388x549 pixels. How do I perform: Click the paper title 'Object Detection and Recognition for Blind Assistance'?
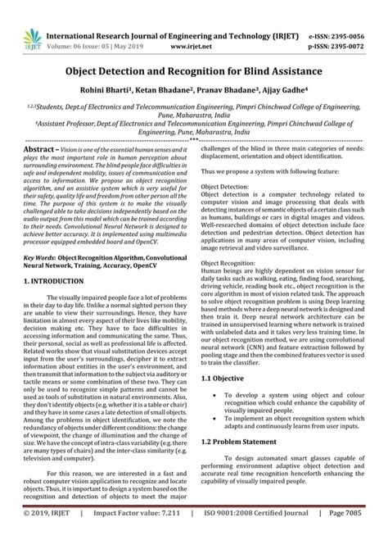[193, 48]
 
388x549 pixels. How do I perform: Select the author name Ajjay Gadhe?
[289, 70]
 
